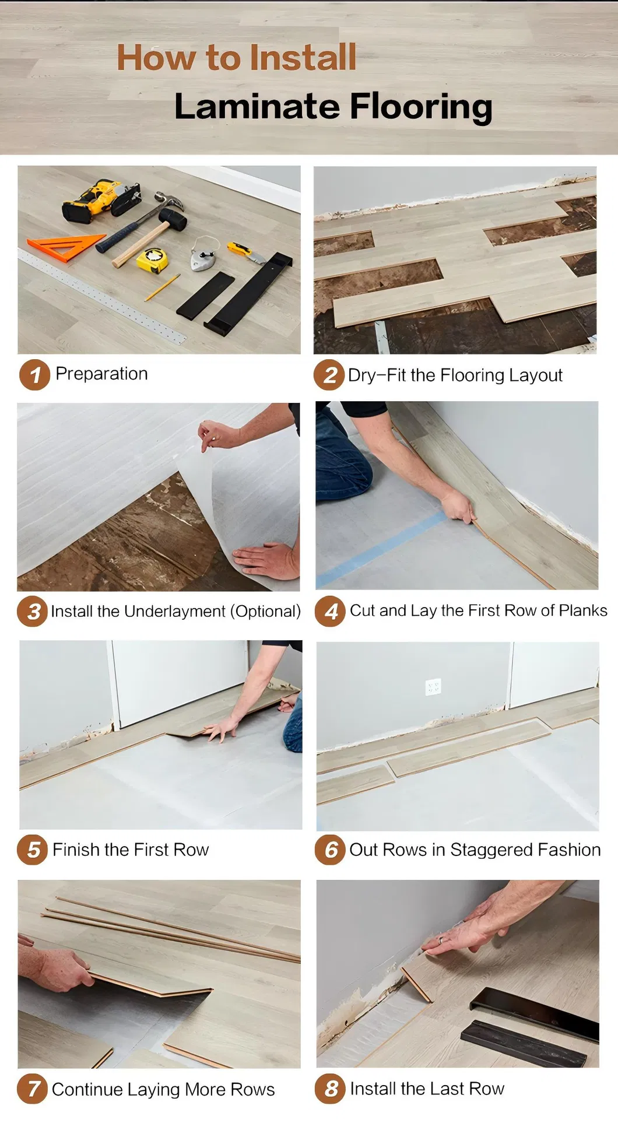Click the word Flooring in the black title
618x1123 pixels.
point(420,107)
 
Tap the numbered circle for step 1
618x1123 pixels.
point(34,374)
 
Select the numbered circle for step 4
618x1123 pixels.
point(331,611)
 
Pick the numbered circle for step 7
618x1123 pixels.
point(33,1089)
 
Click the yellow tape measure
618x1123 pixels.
point(152,259)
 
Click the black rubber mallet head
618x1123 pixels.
point(173,219)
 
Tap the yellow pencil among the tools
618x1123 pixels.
point(162,287)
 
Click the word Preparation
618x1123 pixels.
point(101,374)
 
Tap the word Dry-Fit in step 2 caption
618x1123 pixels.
point(377,375)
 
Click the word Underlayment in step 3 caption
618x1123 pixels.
point(174,611)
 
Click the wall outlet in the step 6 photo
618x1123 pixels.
point(433,687)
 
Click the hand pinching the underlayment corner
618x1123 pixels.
point(218,434)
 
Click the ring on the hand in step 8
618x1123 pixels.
point(441,939)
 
